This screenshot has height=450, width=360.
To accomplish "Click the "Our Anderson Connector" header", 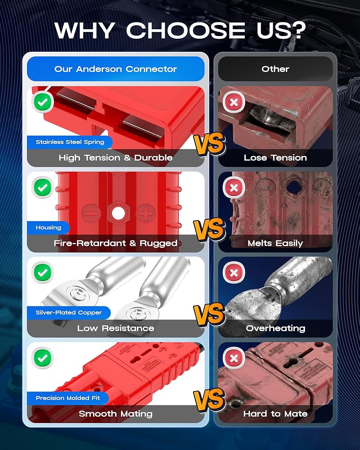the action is click(116, 69).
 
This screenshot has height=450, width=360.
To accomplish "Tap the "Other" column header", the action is click(275, 69).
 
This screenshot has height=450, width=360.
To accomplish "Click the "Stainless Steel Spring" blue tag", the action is click(70, 142).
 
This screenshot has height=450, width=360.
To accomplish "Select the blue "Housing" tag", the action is click(48, 228).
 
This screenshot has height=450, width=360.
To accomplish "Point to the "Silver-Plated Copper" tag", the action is click(69, 313).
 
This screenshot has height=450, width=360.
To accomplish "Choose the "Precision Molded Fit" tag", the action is click(68, 398).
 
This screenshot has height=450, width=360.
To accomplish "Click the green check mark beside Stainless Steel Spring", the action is click(43, 102).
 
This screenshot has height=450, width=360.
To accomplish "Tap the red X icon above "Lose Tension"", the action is click(234, 102).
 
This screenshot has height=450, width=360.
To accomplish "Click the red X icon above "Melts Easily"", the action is click(234, 188).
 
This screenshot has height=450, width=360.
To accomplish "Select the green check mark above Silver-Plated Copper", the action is click(43, 272).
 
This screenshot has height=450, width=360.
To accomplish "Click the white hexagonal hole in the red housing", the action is click(118, 213).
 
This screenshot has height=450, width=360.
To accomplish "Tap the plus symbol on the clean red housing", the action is click(145, 213).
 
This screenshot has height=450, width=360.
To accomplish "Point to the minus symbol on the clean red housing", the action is click(91, 213).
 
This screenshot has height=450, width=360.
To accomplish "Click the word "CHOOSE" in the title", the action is click(185, 30).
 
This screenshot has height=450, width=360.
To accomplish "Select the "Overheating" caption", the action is click(275, 328).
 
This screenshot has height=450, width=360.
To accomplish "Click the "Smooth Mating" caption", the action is click(116, 414).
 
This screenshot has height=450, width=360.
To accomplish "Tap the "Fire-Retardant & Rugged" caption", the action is click(116, 243).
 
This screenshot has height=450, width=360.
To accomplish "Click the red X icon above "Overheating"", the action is click(234, 272).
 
